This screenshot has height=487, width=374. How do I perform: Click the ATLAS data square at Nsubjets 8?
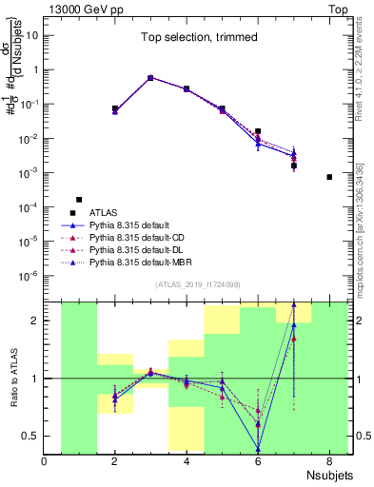click(329, 177)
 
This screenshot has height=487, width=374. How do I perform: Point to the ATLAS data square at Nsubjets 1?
click(79, 200)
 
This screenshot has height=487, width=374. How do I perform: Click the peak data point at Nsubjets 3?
click(150, 78)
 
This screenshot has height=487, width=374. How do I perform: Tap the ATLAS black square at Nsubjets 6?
click(258, 131)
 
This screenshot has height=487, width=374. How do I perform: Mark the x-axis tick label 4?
click(187, 463)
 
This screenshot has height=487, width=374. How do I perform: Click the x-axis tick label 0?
click(45, 463)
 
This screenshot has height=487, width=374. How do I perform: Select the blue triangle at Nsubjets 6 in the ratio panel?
click(258, 449)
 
